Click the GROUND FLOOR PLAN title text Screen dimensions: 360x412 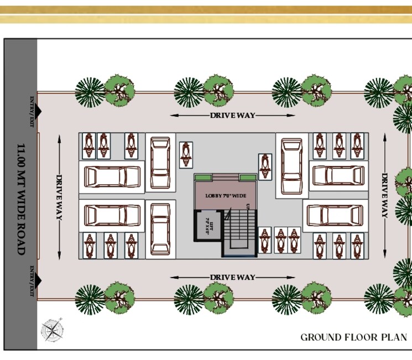(x=353, y=337)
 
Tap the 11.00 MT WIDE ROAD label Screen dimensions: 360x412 (x=21, y=199)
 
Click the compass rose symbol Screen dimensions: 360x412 (x=51, y=330)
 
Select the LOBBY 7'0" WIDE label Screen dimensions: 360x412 (x=226, y=196)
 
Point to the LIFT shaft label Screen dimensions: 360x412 (x=208, y=227)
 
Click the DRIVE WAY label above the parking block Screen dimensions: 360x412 (x=232, y=116)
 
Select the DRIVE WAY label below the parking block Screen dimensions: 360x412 (x=232, y=277)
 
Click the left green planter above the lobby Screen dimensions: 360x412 (x=203, y=177)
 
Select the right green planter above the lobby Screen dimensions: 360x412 (x=248, y=177)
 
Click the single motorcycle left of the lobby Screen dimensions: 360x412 (x=186, y=154)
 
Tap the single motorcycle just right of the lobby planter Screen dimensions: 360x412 (x=266, y=166)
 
